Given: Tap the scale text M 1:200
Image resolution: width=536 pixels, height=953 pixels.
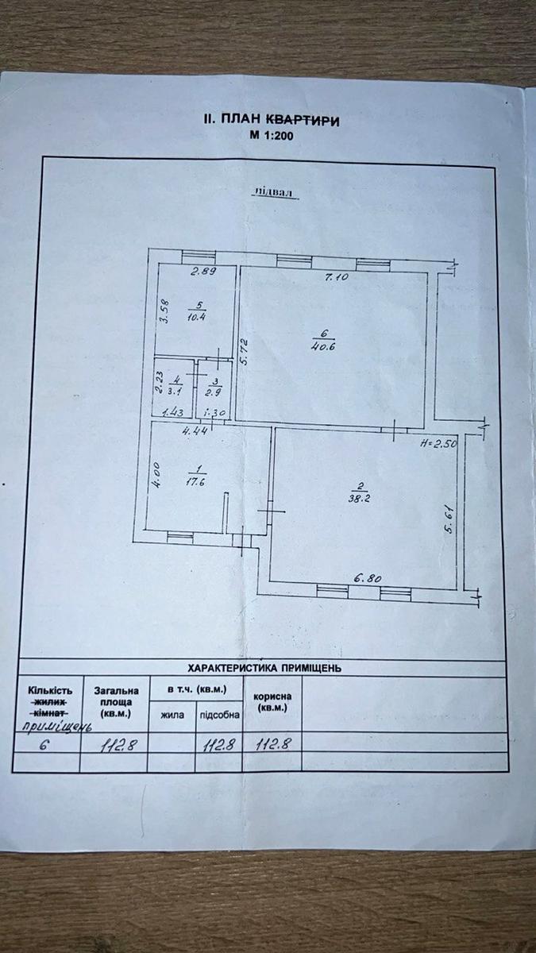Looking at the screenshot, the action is pyautogui.click(x=272, y=136).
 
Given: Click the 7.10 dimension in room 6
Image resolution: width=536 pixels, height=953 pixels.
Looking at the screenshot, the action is pyautogui.click(x=337, y=277).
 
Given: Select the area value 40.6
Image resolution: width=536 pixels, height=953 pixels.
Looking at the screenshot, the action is pyautogui.click(x=323, y=346).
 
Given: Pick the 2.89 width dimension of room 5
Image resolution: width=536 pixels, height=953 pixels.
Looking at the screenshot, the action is pyautogui.click(x=203, y=271).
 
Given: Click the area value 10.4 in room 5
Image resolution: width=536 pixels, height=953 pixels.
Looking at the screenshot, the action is pyautogui.click(x=197, y=317).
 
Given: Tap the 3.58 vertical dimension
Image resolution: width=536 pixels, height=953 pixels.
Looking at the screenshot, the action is pyautogui.click(x=165, y=312).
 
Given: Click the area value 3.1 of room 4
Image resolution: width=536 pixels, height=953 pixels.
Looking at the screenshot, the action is pyautogui.click(x=175, y=392).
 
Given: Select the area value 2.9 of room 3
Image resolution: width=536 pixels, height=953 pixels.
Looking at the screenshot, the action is pyautogui.click(x=213, y=392).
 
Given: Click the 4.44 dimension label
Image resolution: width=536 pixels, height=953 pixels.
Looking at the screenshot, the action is pyautogui.click(x=195, y=430).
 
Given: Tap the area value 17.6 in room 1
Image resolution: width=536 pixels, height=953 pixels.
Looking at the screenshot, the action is pyautogui.click(x=195, y=482).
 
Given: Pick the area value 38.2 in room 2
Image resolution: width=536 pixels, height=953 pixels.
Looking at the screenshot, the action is pyautogui.click(x=360, y=498).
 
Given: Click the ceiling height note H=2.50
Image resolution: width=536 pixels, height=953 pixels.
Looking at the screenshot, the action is pyautogui.click(x=438, y=443).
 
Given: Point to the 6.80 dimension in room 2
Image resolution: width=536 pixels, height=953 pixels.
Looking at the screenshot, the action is pyautogui.click(x=368, y=578).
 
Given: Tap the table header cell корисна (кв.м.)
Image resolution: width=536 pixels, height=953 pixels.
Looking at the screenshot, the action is pyautogui.click(x=272, y=702).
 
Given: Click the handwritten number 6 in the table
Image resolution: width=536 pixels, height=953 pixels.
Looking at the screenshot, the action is pyautogui.click(x=44, y=745).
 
